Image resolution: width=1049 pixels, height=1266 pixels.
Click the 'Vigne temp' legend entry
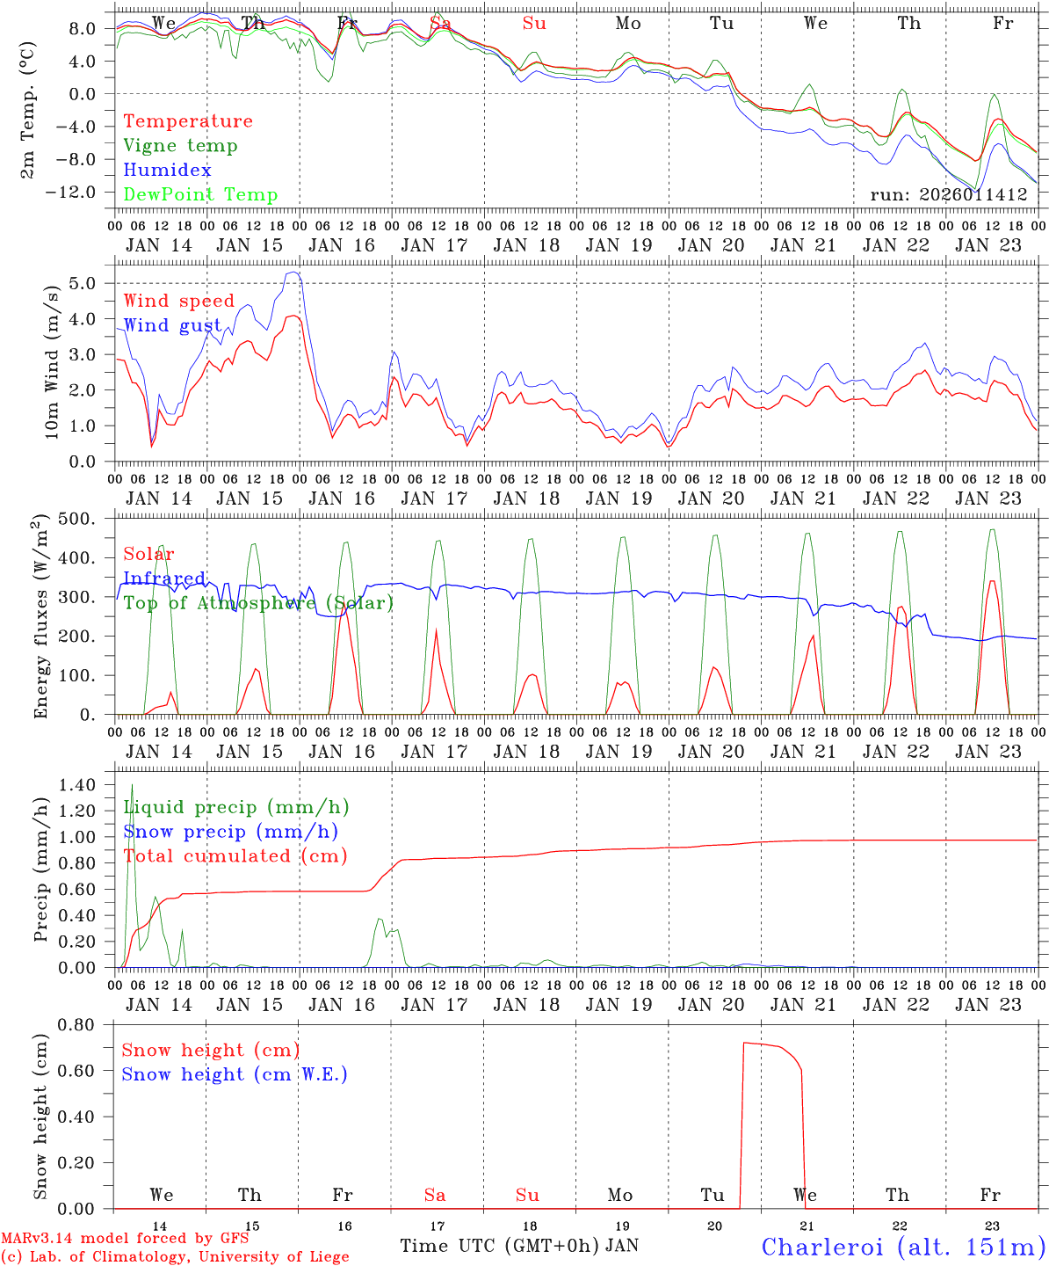point(180,146)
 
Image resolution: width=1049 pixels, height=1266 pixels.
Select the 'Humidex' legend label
point(167,171)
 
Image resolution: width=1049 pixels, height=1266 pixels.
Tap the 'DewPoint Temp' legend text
point(200,195)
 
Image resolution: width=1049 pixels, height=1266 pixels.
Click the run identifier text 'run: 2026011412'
point(948,195)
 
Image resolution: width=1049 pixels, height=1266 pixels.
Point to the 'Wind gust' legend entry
point(172,325)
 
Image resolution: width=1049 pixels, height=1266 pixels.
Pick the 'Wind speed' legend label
point(178,301)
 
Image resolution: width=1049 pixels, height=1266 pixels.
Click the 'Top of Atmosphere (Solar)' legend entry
point(257,603)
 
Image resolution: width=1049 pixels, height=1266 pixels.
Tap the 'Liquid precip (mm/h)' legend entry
point(236,807)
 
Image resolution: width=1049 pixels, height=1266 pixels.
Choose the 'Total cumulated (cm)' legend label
point(235,855)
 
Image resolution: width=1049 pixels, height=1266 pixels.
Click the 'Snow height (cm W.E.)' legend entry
point(235,1074)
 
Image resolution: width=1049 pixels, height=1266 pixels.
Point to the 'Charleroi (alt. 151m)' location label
point(903,1247)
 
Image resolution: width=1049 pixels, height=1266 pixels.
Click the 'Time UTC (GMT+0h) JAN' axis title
point(519,1246)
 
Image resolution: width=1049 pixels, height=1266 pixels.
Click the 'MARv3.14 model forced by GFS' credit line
point(125,1238)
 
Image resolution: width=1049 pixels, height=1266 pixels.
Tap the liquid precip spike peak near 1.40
point(132,784)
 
